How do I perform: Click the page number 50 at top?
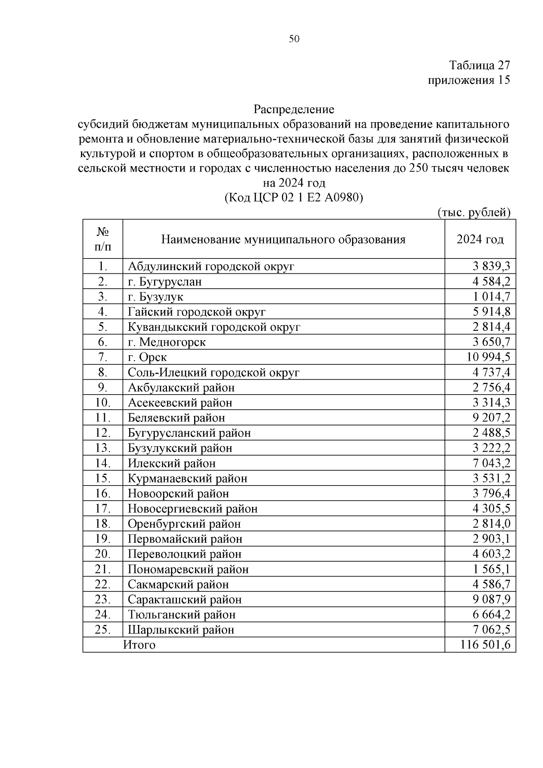(x=294, y=39)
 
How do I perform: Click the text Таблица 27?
(x=480, y=66)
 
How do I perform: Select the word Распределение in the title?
(x=294, y=110)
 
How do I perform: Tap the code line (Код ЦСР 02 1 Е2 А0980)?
(x=294, y=198)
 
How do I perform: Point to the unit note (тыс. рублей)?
(x=474, y=212)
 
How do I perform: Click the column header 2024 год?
(x=480, y=239)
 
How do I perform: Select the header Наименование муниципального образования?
(x=283, y=239)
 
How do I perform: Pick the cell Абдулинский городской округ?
(x=211, y=266)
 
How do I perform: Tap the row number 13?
(x=103, y=448)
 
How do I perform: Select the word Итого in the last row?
(x=139, y=645)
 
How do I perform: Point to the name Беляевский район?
(x=176, y=418)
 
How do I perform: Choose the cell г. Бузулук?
(x=155, y=297)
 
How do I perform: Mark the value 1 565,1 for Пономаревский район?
(x=491, y=569)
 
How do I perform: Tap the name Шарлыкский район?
(x=181, y=630)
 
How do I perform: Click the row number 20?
(x=103, y=554)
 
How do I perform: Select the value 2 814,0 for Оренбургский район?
(x=491, y=524)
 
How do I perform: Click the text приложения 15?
(x=469, y=80)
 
